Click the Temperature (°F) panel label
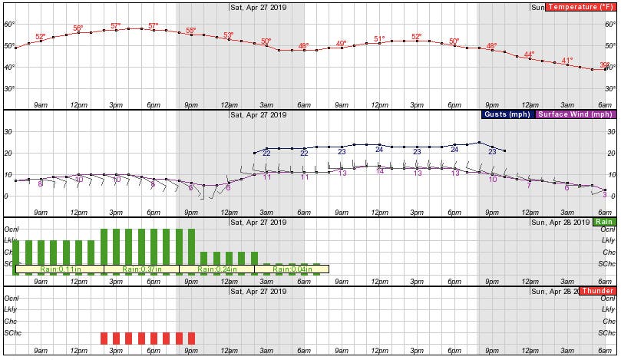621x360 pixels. click(581, 8)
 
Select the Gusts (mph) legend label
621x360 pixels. click(508, 114)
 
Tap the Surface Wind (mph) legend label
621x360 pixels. click(575, 114)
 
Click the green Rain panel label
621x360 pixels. click(604, 222)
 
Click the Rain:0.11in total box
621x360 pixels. click(58, 269)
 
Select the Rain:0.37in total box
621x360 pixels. click(140, 269)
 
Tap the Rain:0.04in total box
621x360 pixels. click(291, 269)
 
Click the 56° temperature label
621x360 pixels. click(78, 28)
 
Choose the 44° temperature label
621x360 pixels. click(529, 54)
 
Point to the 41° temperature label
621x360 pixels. click(567, 61)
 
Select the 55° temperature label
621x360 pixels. click(190, 31)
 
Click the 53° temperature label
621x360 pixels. click(228, 35)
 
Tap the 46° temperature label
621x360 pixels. click(303, 46)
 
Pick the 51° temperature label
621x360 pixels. click(379, 38)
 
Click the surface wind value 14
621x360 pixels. click(379, 171)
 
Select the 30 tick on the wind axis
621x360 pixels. click(10, 131)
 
